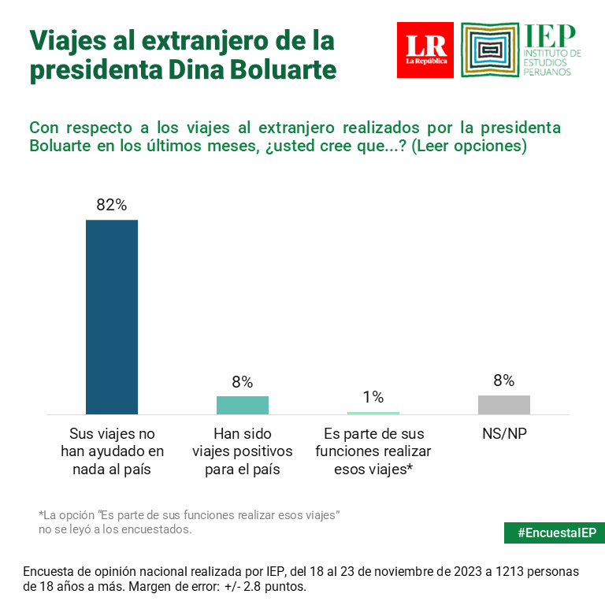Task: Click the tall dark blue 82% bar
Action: (112, 316)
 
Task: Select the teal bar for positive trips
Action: (243, 404)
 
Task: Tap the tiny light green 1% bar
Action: (373, 412)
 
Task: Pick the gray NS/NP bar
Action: (504, 404)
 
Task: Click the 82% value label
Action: (112, 205)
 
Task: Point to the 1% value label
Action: (373, 396)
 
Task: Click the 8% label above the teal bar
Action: (243, 382)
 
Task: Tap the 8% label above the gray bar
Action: (504, 381)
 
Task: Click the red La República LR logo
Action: (425, 50)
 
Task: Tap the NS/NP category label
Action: (504, 434)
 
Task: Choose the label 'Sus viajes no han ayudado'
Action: (112, 451)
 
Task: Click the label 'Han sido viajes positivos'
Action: (243, 451)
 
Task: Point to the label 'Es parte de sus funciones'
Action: (373, 451)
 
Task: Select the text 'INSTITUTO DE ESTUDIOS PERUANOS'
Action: (552, 62)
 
